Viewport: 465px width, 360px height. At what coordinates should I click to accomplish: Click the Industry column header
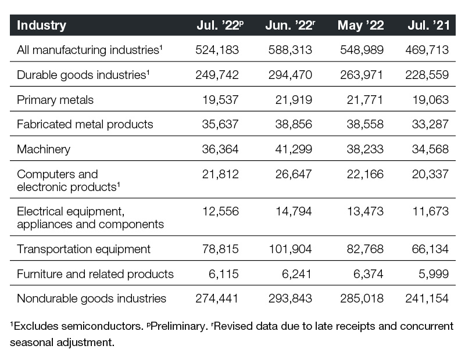click(x=41, y=25)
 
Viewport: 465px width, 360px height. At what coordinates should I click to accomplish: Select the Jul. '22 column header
click(x=220, y=25)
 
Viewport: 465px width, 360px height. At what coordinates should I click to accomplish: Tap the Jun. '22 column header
click(x=290, y=25)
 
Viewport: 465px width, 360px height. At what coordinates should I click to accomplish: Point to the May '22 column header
click(x=360, y=25)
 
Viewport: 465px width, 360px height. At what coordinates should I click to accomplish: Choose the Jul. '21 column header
click(x=428, y=25)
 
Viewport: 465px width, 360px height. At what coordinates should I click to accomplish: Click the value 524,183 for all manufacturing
click(x=217, y=50)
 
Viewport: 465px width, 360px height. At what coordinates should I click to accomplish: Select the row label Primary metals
click(x=55, y=100)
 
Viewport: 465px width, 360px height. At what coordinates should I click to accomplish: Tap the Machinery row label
click(x=44, y=149)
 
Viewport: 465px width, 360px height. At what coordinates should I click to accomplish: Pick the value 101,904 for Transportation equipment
click(x=290, y=249)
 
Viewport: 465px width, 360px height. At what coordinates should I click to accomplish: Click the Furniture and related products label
click(x=95, y=274)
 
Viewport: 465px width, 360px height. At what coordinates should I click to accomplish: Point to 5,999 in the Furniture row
click(x=434, y=274)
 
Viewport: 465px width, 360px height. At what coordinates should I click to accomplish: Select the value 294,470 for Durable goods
click(x=290, y=75)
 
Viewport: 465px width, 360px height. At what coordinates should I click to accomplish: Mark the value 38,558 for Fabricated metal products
click(x=365, y=124)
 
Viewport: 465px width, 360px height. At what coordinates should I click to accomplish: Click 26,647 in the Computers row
click(x=294, y=174)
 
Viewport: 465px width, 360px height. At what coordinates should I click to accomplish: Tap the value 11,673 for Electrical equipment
click(x=431, y=211)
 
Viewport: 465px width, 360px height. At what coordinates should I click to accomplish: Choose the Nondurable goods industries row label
click(x=91, y=298)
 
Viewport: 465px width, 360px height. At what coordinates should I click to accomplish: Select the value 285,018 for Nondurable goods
click(x=362, y=298)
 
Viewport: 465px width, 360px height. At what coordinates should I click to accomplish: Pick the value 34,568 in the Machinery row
click(x=430, y=149)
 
